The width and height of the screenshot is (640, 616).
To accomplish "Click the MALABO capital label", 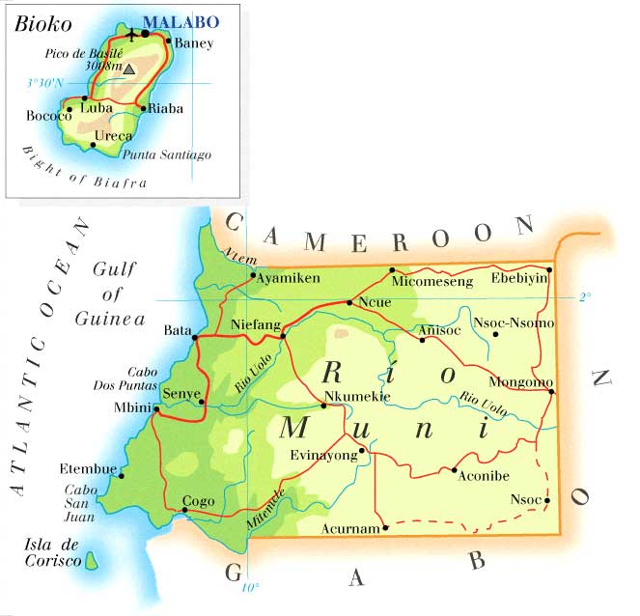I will [181, 21].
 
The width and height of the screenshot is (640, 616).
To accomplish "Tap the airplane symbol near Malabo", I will [132, 34].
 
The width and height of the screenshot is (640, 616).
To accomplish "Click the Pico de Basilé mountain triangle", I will [128, 69].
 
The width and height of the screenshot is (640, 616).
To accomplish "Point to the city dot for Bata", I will [195, 338].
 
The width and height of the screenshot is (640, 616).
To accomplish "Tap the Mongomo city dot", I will [551, 391].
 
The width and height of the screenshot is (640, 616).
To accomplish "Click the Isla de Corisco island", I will [94, 560].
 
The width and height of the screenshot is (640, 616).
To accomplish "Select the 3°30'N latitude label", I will [44, 84].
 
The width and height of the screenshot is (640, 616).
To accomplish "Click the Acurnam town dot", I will [385, 527].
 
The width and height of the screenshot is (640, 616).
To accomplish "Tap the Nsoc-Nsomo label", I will [513, 322].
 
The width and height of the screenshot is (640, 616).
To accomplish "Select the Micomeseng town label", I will [432, 282].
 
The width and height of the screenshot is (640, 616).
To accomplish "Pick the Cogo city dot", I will [184, 510].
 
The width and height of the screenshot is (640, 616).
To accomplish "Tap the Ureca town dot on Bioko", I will [93, 145].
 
